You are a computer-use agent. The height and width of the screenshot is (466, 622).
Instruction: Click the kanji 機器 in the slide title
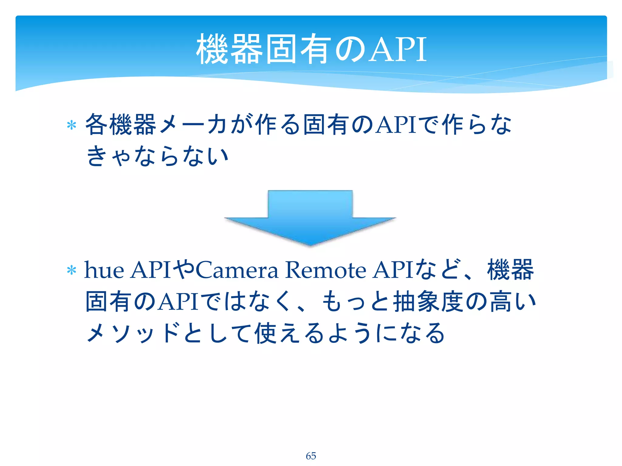[230, 49]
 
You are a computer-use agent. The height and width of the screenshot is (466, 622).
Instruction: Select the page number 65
[311, 456]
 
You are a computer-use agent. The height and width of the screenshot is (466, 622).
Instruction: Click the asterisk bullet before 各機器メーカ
[71, 125]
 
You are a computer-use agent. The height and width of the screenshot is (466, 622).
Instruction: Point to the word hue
[104, 270]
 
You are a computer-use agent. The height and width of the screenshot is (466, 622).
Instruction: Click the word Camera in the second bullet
[237, 270]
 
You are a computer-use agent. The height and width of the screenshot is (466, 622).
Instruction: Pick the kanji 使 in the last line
[266, 333]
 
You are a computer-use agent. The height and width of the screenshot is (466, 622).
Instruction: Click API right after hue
[151, 270]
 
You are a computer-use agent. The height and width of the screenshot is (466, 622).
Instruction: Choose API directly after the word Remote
[393, 270]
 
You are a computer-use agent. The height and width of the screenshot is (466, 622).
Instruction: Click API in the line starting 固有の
[178, 302]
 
